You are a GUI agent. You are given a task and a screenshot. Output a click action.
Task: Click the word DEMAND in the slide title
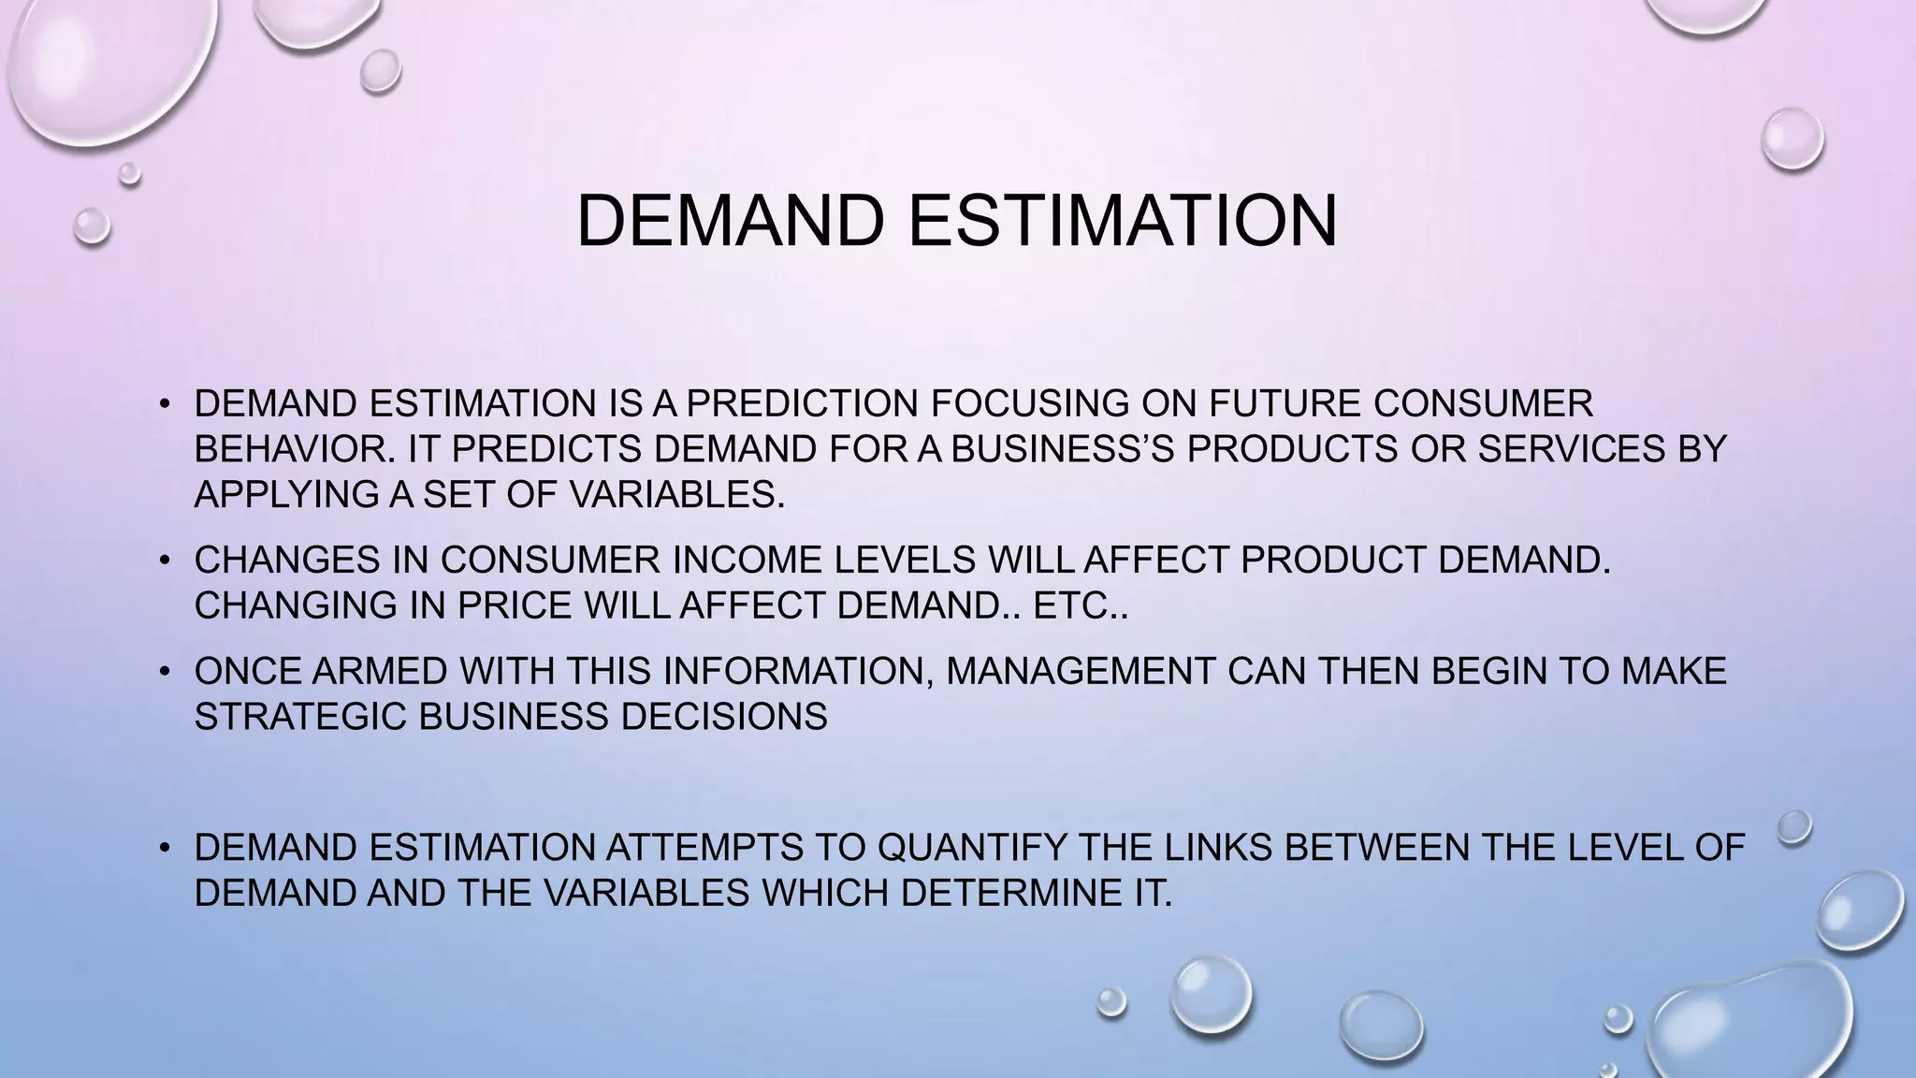click(x=730, y=221)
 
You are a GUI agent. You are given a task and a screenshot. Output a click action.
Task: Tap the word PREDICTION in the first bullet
click(x=803, y=404)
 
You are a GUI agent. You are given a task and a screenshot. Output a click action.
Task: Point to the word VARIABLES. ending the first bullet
click(x=676, y=494)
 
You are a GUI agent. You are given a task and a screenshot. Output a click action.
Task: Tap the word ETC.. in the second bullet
click(x=1081, y=605)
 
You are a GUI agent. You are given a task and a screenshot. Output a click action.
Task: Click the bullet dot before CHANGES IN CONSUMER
click(x=164, y=561)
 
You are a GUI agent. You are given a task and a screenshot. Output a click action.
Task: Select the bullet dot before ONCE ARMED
click(x=164, y=672)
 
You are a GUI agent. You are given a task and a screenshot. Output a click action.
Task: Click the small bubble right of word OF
click(x=1794, y=827)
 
